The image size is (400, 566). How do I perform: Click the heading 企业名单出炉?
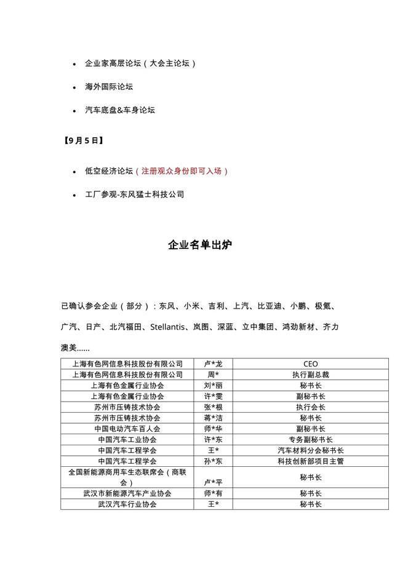point(200,245)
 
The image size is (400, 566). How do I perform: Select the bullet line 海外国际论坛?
point(109,87)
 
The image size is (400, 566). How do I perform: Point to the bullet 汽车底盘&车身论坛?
point(119,110)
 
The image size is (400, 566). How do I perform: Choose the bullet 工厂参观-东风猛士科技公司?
point(134,195)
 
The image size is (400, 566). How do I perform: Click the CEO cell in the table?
point(311,364)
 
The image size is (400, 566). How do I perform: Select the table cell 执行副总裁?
point(311,374)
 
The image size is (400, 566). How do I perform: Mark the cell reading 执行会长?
point(311,407)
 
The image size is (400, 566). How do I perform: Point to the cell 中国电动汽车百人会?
point(127,429)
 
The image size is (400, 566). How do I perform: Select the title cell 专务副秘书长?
point(311,440)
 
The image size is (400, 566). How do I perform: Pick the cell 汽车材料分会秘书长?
point(311,450)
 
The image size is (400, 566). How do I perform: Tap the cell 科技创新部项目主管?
point(311,461)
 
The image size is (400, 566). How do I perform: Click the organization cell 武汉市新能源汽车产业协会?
point(127,493)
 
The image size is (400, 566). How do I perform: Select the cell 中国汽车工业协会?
point(127,440)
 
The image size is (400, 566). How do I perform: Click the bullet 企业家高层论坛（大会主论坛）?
point(141,63)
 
